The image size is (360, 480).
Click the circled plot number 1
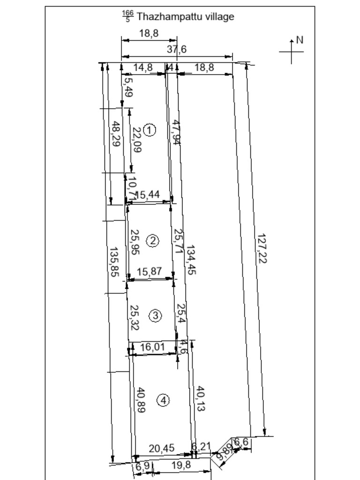pyautogui.click(x=149, y=130)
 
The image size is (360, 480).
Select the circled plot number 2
pyautogui.click(x=153, y=241)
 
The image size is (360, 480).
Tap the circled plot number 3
pyautogui.click(x=155, y=316)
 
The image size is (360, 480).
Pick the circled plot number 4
pyautogui.click(x=163, y=400)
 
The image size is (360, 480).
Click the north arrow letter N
pyautogui.click(x=300, y=40)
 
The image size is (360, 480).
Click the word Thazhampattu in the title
pyautogui.click(x=164, y=17)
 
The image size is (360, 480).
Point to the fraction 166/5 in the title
pyautogui.click(x=127, y=17)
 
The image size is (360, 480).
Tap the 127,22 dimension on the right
pyautogui.click(x=262, y=248)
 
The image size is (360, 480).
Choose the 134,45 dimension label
pyautogui.click(x=191, y=260)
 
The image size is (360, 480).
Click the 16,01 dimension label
pyautogui.click(x=153, y=347)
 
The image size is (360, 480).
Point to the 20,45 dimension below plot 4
pyautogui.click(x=161, y=448)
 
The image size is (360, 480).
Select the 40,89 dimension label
pyautogui.click(x=140, y=399)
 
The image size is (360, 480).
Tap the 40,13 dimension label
pyautogui.click(x=200, y=399)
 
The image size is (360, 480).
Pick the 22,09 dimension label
pyautogui.click(x=136, y=140)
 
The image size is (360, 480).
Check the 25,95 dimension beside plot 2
pyautogui.click(x=135, y=242)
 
